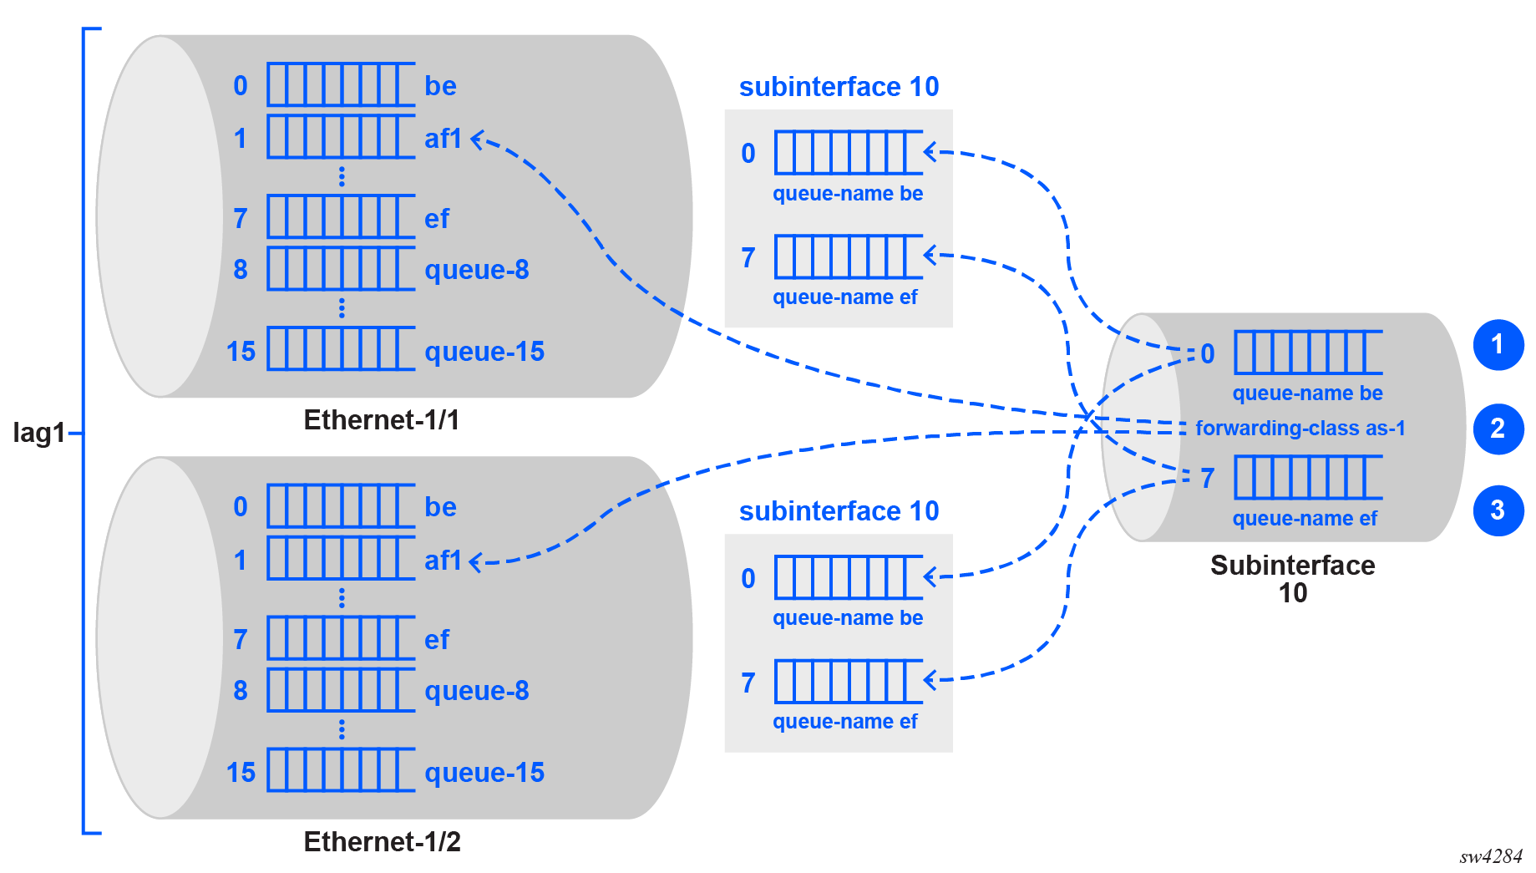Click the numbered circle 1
(1498, 344)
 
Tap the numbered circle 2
(1498, 429)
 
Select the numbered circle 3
(1498, 510)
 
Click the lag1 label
(38, 433)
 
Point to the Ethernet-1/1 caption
(382, 419)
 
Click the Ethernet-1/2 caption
(382, 841)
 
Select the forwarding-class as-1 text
(1300, 429)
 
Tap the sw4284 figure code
(1491, 856)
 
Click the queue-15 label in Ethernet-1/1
(484, 352)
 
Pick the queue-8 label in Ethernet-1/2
(477, 691)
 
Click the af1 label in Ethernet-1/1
(443, 139)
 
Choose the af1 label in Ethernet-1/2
(443, 561)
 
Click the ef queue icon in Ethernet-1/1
(341, 216)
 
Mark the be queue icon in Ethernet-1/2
(341, 505)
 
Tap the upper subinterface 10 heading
(839, 87)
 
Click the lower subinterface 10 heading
(839, 511)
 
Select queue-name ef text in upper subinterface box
(844, 297)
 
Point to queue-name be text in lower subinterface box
(848, 618)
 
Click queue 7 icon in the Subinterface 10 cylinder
(1308, 477)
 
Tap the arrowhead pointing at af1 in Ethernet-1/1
(478, 140)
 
